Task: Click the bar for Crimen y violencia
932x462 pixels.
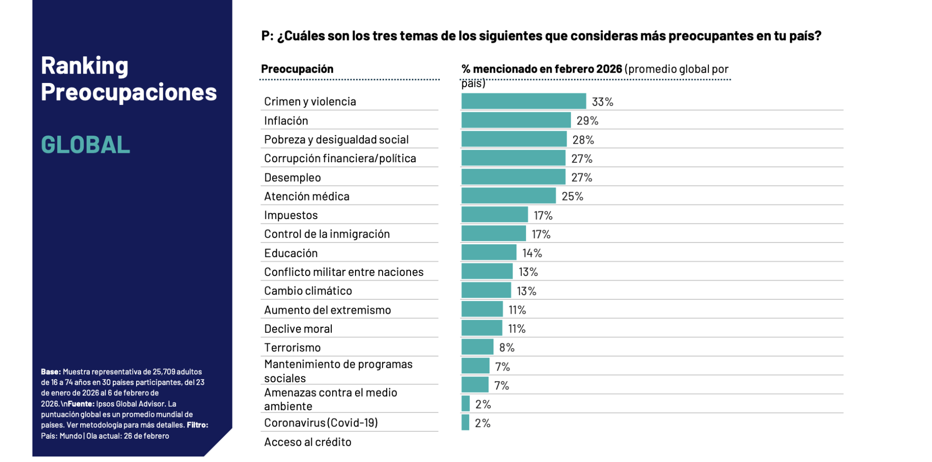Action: tap(523, 101)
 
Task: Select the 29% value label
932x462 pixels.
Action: tap(587, 121)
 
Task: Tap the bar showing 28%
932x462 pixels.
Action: tap(514, 139)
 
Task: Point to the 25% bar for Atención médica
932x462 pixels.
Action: tap(508, 196)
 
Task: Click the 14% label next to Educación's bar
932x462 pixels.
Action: tap(532, 253)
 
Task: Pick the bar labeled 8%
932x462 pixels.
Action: tap(477, 347)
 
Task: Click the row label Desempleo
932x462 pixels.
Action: tap(292, 178)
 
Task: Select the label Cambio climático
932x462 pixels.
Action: tap(308, 291)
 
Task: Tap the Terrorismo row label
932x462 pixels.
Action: tap(292, 348)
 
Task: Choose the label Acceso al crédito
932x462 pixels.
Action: tap(308, 442)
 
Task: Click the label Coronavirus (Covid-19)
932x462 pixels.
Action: tap(321, 423)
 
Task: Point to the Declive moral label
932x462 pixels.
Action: tap(298, 329)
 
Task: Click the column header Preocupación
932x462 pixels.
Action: tap(297, 69)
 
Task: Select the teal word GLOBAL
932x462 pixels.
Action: tap(85, 145)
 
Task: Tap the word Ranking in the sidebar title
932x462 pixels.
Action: tap(84, 66)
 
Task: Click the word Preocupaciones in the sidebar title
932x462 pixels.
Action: tap(129, 92)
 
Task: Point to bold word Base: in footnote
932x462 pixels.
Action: tap(50, 372)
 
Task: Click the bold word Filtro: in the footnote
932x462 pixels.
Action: tap(197, 425)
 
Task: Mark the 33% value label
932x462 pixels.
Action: tap(602, 102)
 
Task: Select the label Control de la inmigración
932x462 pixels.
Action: tap(327, 234)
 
